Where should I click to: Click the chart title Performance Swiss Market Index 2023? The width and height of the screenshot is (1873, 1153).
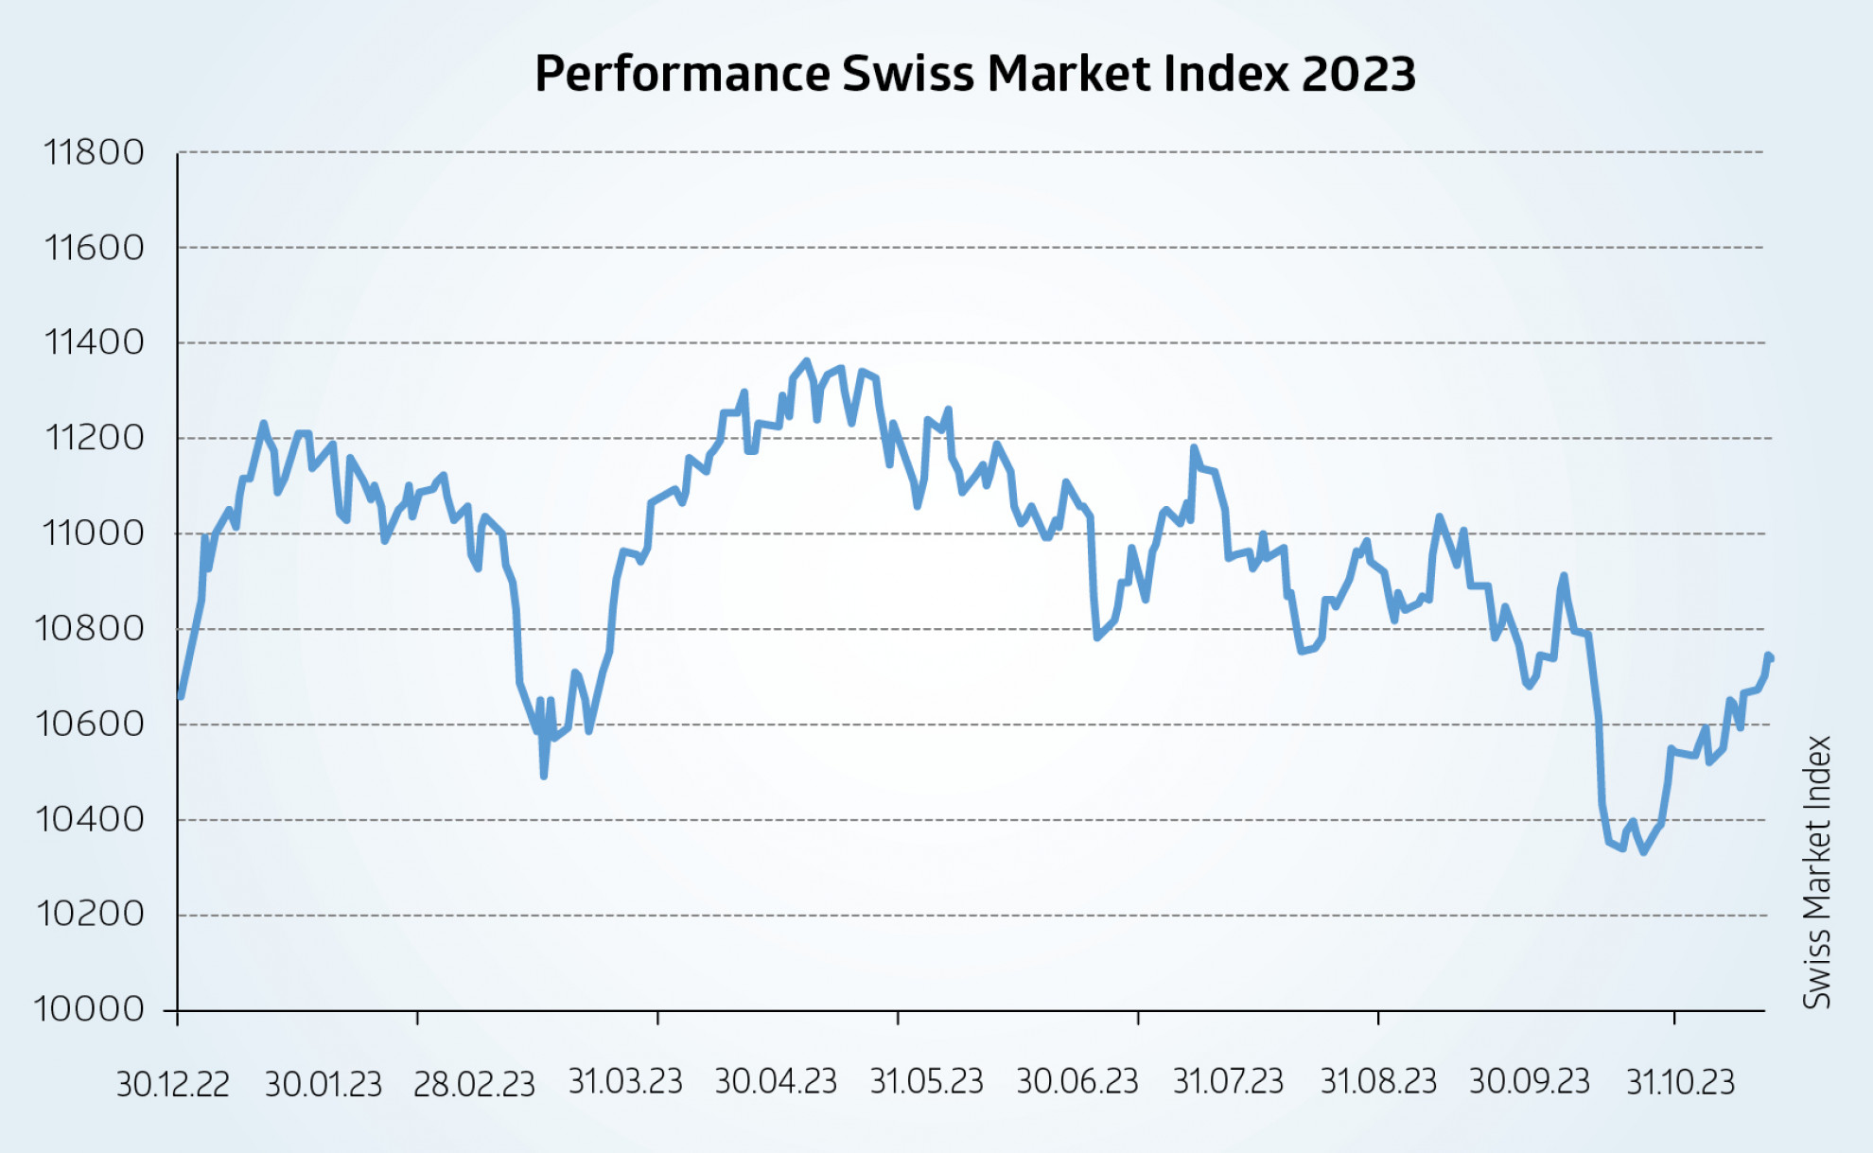tap(974, 74)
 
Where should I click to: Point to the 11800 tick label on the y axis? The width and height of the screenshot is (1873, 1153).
tap(94, 152)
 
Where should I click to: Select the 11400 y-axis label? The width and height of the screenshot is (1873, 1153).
tap(94, 342)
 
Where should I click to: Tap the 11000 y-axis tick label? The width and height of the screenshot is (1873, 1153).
tap(94, 533)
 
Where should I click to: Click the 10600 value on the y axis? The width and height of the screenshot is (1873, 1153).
tap(91, 725)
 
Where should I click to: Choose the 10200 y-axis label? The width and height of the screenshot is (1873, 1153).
tap(91, 915)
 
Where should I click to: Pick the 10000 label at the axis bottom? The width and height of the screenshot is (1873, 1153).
tap(89, 1009)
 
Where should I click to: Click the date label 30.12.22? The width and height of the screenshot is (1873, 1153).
tap(172, 1084)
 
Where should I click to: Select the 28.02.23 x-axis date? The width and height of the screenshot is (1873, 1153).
tap(474, 1084)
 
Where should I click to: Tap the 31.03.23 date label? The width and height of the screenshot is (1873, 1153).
tap(625, 1082)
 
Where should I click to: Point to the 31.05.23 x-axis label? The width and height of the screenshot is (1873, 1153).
tap(927, 1082)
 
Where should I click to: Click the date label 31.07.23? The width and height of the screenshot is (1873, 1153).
tap(1228, 1082)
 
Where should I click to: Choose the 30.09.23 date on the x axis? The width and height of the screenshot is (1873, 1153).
tap(1530, 1082)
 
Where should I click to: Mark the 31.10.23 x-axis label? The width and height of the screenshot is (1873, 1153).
tap(1680, 1082)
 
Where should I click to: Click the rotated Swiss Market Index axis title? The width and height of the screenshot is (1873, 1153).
tap(1817, 872)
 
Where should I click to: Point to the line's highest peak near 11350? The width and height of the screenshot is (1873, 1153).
tap(806, 360)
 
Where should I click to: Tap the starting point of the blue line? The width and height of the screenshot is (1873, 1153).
tap(181, 696)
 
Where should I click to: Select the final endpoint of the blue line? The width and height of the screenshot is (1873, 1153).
tap(1771, 658)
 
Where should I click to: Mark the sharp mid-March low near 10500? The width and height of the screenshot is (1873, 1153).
tap(544, 776)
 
